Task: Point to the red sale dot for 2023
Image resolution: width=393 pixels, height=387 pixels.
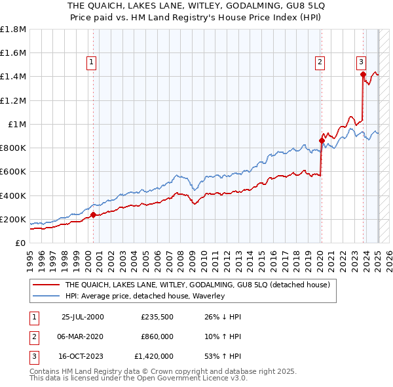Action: point(363,74)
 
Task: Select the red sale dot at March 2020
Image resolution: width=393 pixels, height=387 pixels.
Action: point(322,140)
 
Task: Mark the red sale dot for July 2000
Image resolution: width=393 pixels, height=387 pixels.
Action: point(93,214)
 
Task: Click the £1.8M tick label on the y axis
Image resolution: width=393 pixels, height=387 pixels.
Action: point(13,30)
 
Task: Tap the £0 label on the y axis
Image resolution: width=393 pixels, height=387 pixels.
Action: point(21,243)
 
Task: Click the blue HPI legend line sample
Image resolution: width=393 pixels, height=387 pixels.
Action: point(46,296)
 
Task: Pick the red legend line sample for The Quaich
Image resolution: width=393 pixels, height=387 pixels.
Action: point(46,285)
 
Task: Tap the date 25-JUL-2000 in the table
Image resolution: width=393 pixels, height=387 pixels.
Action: point(83,317)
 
